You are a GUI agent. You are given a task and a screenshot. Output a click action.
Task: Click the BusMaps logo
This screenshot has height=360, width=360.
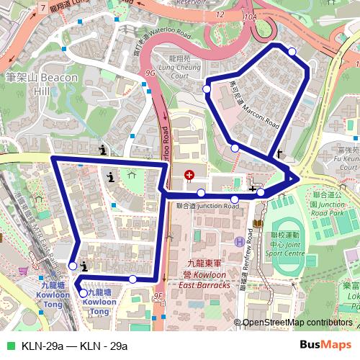[x=320, y=345]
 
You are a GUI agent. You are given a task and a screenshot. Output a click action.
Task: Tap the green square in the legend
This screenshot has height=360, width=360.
[x=9, y=346]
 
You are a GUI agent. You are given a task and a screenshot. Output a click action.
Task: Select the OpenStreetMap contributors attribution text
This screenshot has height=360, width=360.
[x=297, y=323]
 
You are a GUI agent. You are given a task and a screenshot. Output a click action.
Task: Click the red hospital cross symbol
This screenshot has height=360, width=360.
[x=189, y=175]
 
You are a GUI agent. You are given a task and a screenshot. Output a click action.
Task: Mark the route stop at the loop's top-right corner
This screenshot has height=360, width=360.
[x=292, y=51]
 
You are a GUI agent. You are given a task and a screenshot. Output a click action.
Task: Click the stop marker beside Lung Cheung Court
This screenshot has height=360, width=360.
[x=207, y=89]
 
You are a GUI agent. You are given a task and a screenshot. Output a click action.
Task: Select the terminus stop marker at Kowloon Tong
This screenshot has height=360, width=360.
[x=84, y=293]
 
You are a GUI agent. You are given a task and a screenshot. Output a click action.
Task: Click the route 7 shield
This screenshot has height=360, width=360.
[x=45, y=8]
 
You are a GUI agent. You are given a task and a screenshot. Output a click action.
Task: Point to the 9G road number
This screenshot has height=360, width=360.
[x=150, y=73]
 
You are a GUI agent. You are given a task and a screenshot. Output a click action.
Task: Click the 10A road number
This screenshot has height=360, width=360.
[x=250, y=15]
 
